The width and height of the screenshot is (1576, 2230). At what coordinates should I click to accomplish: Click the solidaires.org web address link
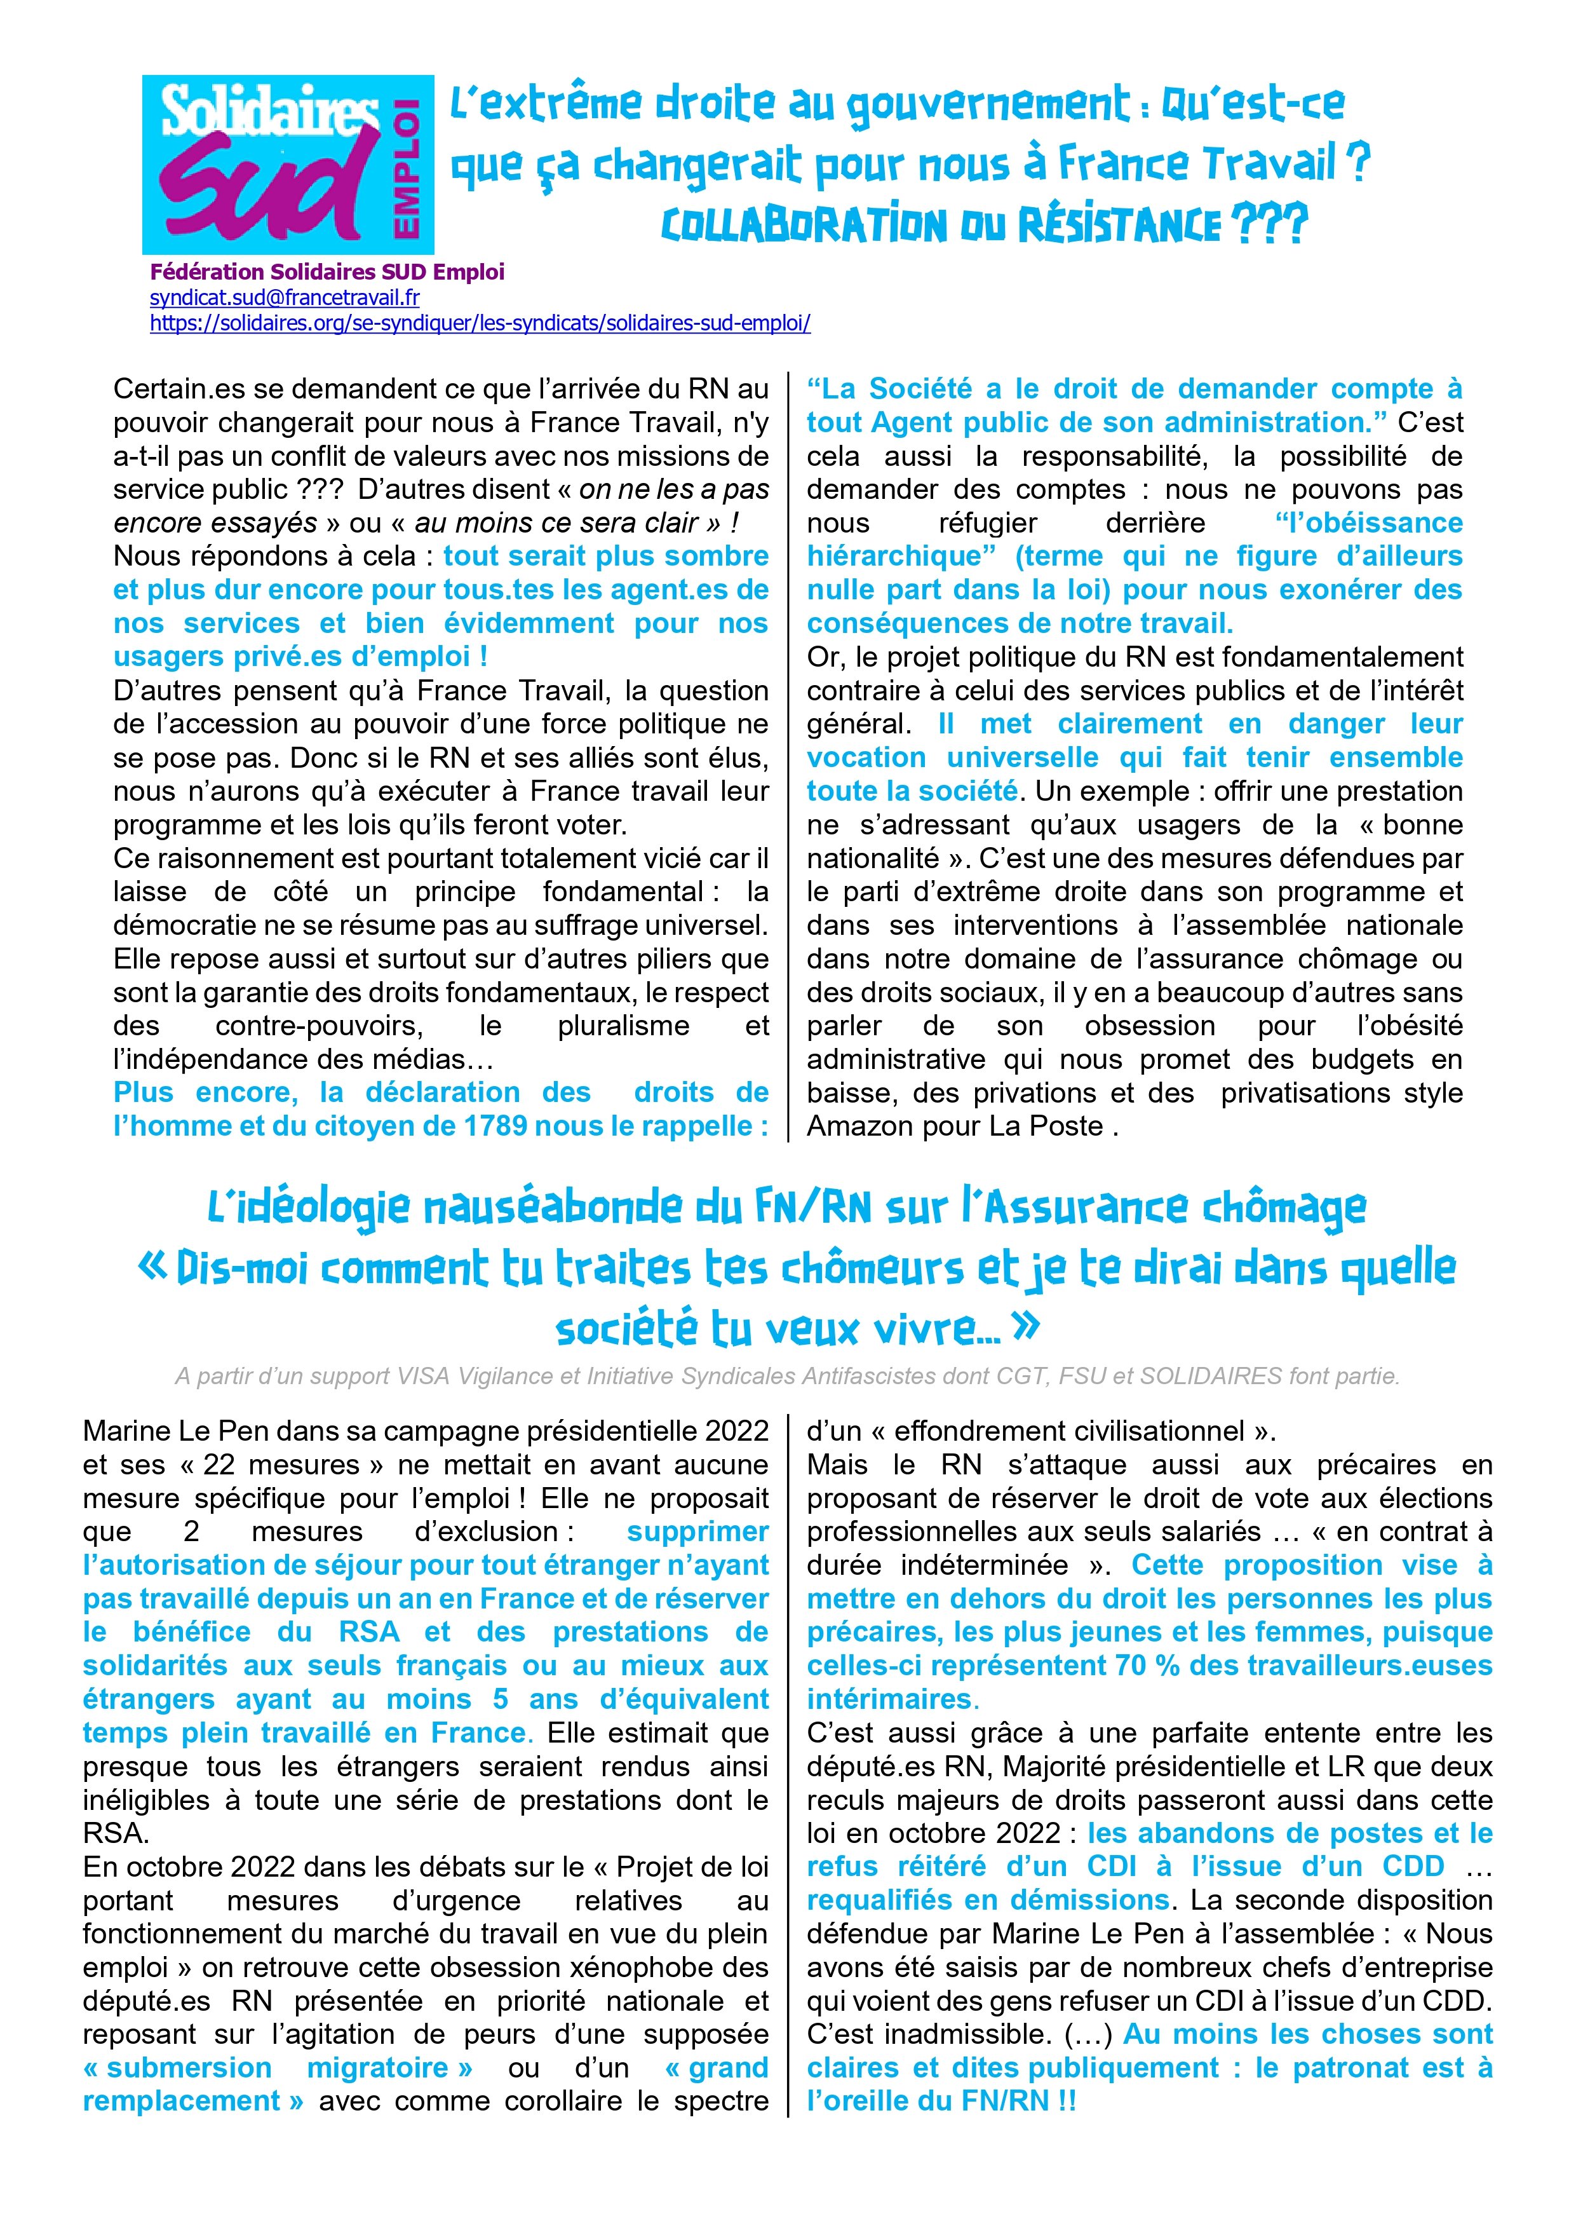pos(480,322)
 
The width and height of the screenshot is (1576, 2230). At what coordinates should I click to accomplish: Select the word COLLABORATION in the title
pos(803,226)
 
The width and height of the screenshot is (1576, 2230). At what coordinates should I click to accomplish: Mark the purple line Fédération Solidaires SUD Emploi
pos(327,273)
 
